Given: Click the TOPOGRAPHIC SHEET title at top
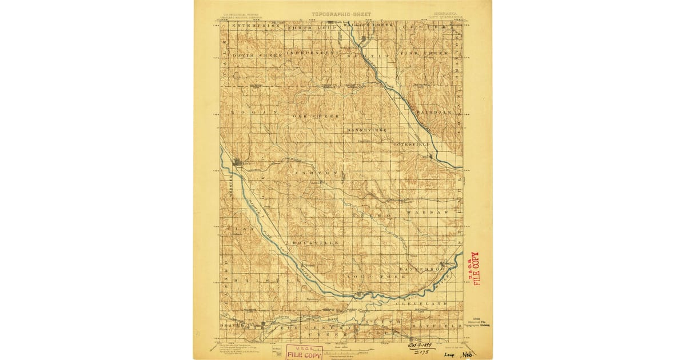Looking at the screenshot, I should pos(341,14).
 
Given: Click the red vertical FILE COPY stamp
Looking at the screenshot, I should pos(474,269).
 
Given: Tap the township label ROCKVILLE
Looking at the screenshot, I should pos(316,243).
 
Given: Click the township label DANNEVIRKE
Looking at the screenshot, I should pos(366,130).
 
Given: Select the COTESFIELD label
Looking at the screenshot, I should pos(411,145).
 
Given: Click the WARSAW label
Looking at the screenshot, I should pos(424,212).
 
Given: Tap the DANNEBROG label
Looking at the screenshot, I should pos(422,268).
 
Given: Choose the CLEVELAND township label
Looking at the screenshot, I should pos(421,304).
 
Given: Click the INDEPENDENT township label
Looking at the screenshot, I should pos(312,53).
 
